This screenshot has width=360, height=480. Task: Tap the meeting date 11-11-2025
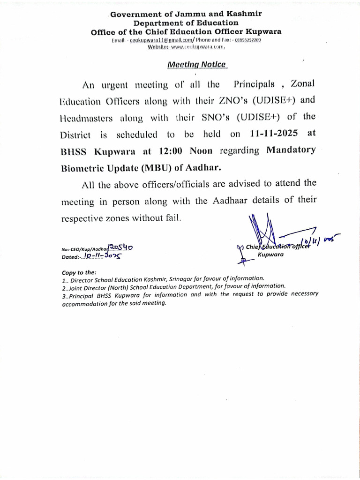click(274, 134)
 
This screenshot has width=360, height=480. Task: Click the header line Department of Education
click(186, 23)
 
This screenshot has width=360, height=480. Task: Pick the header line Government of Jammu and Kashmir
click(186, 15)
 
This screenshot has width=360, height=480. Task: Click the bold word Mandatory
click(291, 151)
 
